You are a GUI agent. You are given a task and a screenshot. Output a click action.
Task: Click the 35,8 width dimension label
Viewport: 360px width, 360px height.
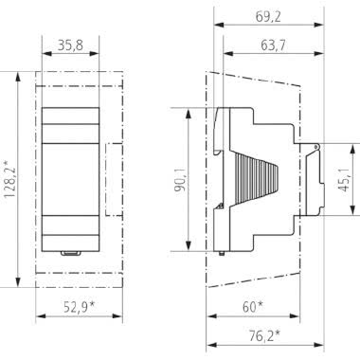(70, 45)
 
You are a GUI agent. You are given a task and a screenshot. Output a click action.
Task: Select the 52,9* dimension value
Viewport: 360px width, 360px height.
(80, 307)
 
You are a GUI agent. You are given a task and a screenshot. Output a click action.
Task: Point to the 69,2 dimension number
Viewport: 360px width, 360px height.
(268, 17)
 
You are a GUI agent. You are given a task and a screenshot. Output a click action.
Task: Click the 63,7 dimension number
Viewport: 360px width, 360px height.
(273, 45)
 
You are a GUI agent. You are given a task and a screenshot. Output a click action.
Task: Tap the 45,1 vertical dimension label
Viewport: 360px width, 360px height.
(344, 179)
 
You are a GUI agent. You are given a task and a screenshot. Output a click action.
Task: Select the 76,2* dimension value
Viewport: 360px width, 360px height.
(264, 335)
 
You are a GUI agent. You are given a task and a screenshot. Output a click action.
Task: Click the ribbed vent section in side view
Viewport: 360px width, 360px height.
(256, 180)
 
